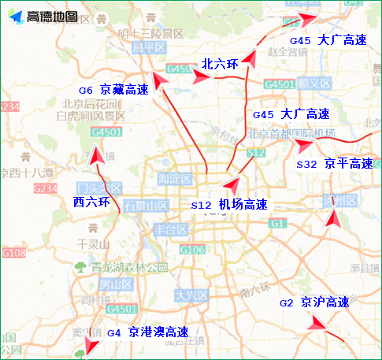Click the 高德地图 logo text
[x=53, y=17]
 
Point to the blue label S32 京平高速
[x=334, y=163]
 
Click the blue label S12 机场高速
[x=229, y=204]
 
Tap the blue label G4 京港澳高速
[x=148, y=332]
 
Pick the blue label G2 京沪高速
[x=314, y=302]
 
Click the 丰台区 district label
[x=169, y=229]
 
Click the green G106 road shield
[x=192, y=250]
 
